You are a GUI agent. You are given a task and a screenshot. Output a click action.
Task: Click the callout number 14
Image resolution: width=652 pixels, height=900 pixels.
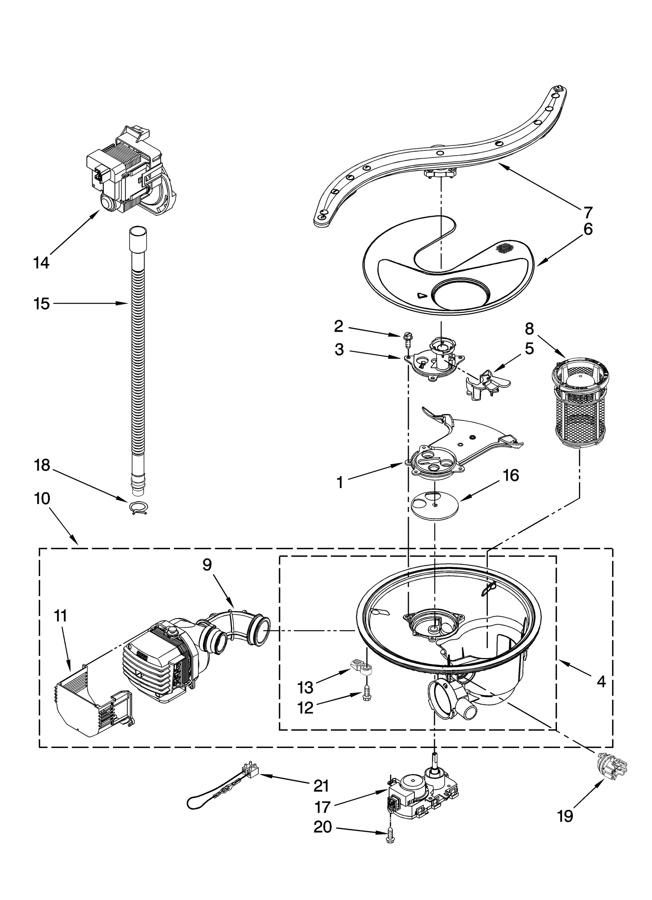tap(41, 263)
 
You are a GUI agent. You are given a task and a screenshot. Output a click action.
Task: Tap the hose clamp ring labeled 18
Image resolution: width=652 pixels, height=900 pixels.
tap(138, 508)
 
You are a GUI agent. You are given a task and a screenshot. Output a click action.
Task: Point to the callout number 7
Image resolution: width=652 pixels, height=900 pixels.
tap(588, 212)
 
